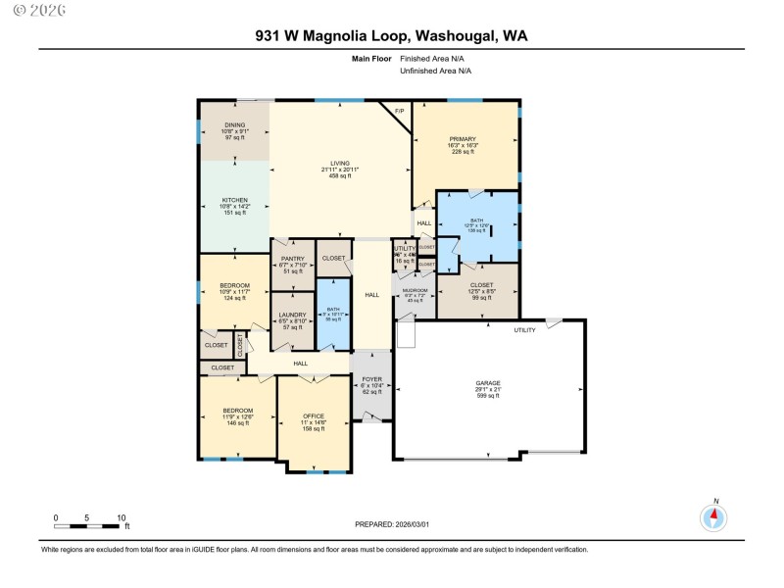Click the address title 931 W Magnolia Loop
click(392, 36)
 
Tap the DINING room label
click(235, 125)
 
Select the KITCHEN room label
click(234, 200)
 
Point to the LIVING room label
click(339, 164)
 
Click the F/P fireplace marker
click(399, 112)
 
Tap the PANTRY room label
click(292, 259)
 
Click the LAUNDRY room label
click(292, 314)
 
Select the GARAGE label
click(488, 382)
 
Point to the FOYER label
click(370, 378)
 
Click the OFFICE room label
click(314, 416)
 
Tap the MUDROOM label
click(415, 290)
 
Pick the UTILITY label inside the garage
click(525, 330)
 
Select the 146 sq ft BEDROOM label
click(237, 410)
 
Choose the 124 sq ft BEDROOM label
click(234, 285)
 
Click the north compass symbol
click(714, 516)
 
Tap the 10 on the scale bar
click(121, 517)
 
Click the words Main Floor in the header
click(371, 59)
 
